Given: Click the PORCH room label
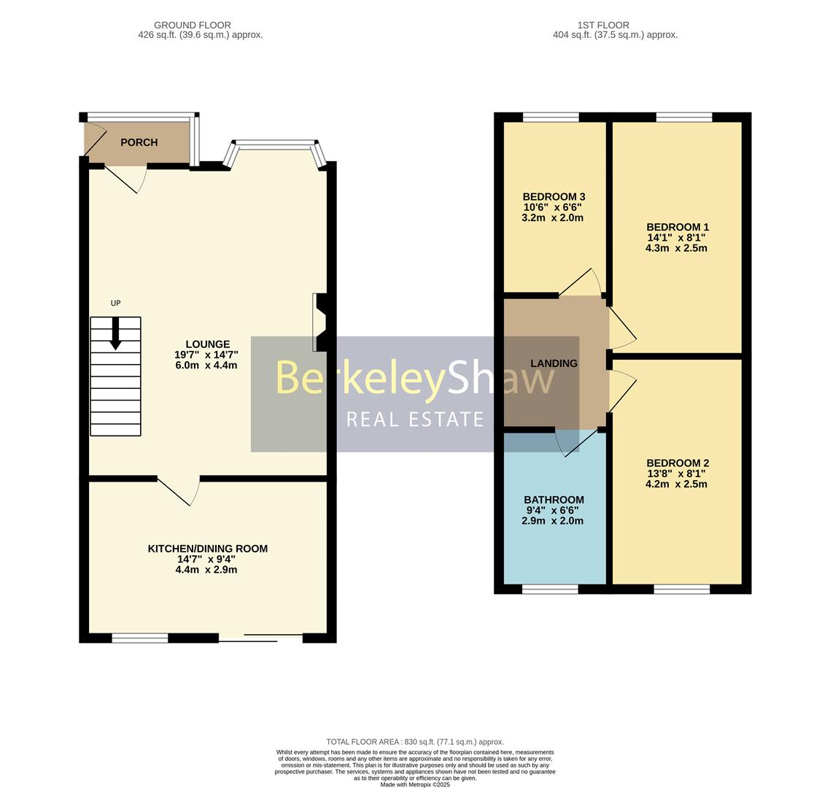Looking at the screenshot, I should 139,143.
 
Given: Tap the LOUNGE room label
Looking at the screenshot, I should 207,344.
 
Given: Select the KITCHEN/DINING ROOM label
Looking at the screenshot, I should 207,549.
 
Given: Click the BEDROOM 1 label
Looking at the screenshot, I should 677,227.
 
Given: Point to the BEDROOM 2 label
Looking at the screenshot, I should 677,463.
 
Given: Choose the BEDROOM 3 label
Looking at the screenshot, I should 554,197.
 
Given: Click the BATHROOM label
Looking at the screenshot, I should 554,501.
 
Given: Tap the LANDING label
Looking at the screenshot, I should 554,363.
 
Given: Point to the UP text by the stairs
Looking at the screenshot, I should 115,304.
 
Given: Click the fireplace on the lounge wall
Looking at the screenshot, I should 319,322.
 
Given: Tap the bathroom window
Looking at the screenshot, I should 551,589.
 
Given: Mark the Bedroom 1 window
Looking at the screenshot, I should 683,117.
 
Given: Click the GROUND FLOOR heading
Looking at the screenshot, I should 193,25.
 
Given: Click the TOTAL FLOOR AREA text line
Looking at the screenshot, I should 415,742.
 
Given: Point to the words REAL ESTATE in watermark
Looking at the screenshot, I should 415,420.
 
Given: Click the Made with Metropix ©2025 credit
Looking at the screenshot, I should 415,784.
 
